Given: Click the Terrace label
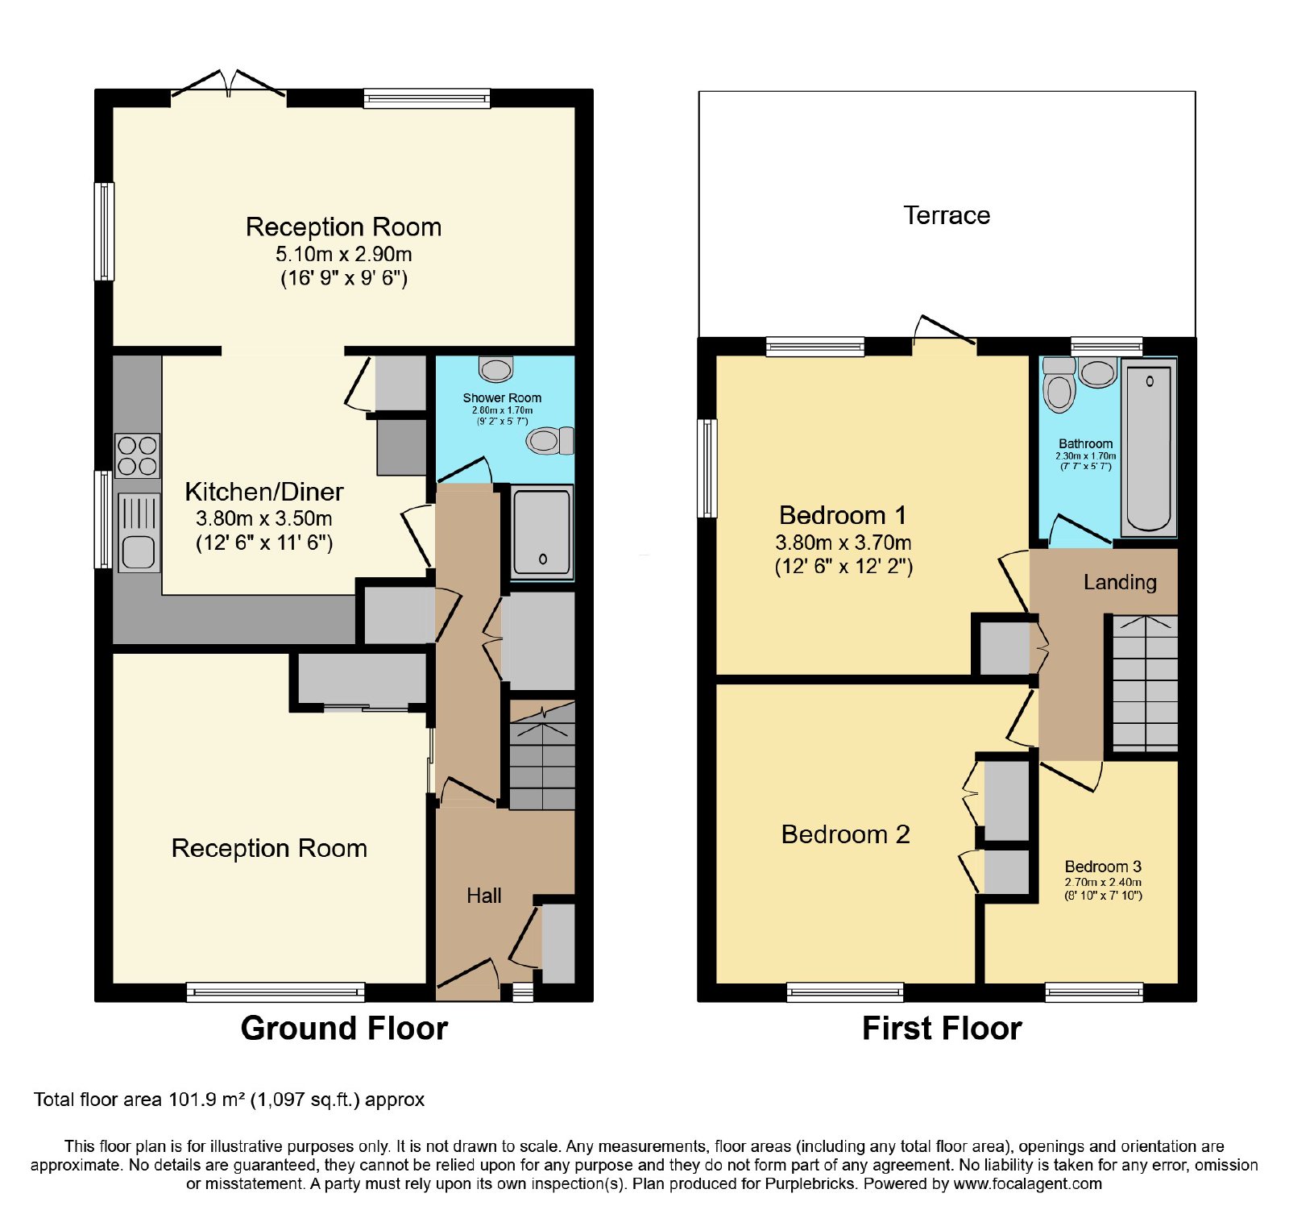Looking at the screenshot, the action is [947, 215].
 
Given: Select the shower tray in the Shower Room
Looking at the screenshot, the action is [542, 532].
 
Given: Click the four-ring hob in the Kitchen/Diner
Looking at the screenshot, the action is [138, 456].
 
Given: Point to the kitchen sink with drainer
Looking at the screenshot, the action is [139, 533].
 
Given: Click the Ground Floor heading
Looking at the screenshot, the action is [344, 1029].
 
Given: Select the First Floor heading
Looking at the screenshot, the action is [942, 1029].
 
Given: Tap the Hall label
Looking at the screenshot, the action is [483, 896].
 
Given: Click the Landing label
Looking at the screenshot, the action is [1120, 582].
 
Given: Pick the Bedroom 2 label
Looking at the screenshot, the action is [846, 834].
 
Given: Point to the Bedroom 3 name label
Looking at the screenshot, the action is [1103, 867].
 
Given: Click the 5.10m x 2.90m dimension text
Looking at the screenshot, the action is [344, 255].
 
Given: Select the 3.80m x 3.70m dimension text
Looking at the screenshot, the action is [843, 543].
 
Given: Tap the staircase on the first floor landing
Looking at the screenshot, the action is [1145, 684].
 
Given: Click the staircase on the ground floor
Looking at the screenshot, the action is [542, 755].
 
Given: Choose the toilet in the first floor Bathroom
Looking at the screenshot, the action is [1059, 385].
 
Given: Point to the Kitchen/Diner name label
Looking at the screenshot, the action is [264, 492].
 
